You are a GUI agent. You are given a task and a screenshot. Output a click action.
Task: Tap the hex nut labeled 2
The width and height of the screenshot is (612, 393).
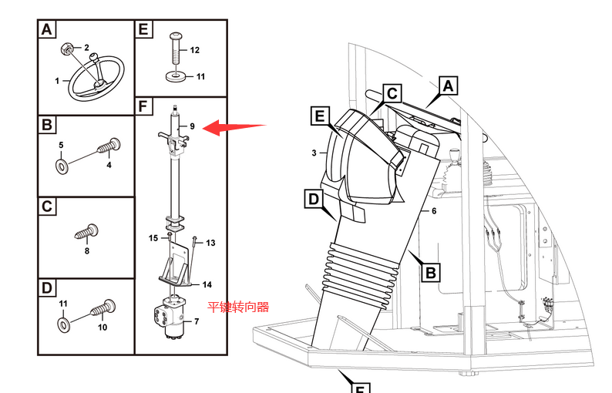(x=67, y=49)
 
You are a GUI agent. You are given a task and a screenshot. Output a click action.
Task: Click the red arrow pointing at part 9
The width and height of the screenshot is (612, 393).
(x=235, y=127)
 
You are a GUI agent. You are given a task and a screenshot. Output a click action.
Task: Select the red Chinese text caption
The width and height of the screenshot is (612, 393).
(x=238, y=307)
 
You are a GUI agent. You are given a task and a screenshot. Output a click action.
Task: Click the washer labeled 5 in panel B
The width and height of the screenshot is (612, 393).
(x=62, y=166)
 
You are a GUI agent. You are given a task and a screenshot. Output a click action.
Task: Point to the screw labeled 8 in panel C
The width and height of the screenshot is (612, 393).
(x=87, y=231)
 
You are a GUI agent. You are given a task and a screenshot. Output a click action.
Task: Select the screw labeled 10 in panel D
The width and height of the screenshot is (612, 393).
(x=103, y=307)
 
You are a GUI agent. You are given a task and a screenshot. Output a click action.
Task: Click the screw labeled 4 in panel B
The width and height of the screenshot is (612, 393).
(x=109, y=146)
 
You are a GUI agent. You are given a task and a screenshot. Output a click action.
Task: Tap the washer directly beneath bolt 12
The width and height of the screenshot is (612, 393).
(x=176, y=76)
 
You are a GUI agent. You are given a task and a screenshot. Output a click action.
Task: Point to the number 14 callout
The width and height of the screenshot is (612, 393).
(x=207, y=285)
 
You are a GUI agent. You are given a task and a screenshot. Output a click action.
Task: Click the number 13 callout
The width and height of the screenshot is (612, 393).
(x=210, y=244)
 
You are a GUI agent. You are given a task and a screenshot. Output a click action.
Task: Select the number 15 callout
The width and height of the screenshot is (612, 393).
(x=153, y=238)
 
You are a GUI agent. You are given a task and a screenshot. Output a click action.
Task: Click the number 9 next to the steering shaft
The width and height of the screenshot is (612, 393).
(x=192, y=126)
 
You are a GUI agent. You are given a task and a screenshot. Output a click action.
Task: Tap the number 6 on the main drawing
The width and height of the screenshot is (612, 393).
(x=434, y=211)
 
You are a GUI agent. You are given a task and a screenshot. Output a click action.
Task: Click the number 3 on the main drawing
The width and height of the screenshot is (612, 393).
(x=314, y=153)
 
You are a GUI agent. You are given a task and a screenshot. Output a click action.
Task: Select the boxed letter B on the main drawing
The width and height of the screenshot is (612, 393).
(x=431, y=273)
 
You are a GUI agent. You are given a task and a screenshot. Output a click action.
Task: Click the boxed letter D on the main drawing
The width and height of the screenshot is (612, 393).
(x=314, y=199)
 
